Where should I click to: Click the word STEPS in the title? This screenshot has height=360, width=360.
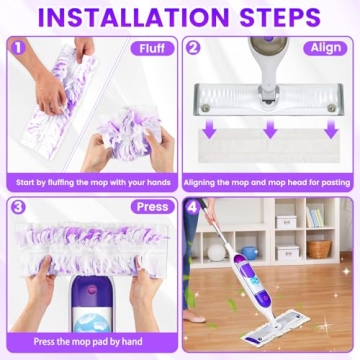pos(283,18)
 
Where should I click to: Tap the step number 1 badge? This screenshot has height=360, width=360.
pos(17,46)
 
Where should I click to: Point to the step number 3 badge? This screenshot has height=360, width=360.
pos(17,206)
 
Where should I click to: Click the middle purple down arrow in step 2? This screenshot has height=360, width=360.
pos(270,129)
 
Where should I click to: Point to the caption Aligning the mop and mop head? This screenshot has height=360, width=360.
pos(270,181)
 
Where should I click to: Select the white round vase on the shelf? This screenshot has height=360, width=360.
pos(217,252)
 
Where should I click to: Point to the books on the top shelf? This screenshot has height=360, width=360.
pos(314,216)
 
